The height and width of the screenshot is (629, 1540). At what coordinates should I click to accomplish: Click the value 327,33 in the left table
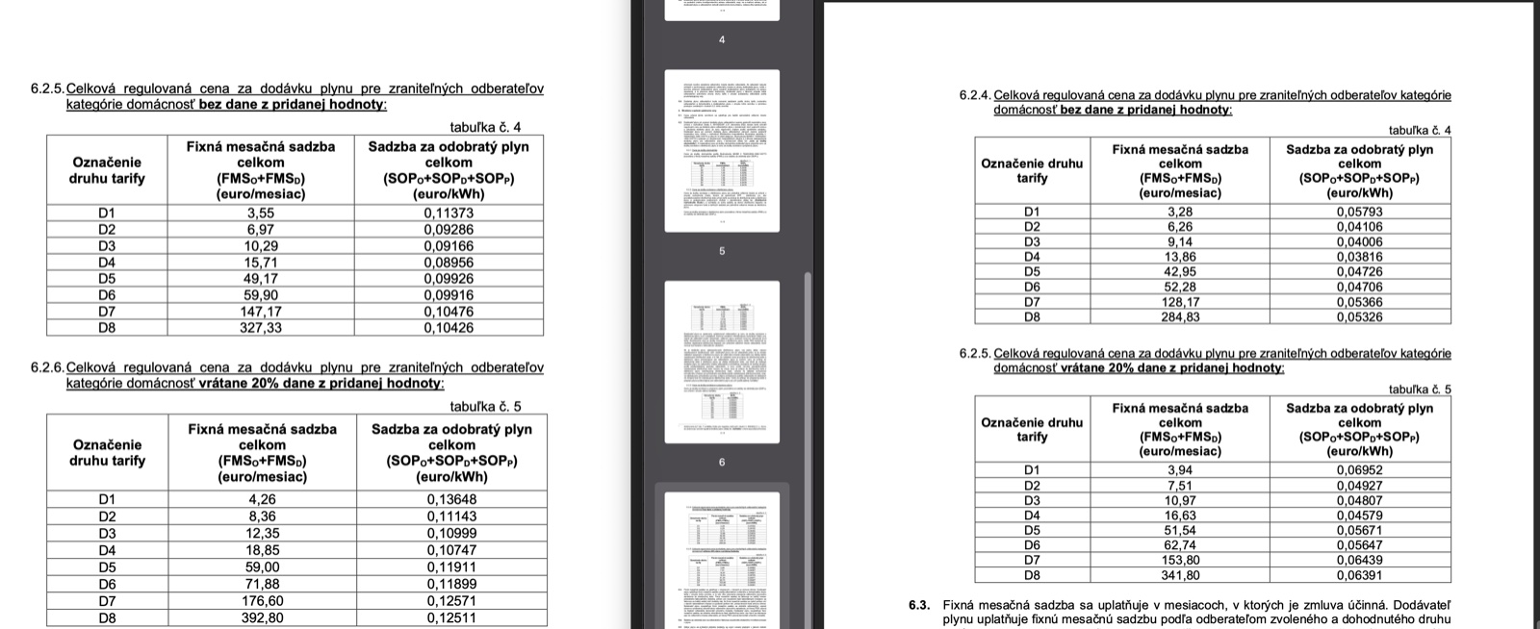(260, 327)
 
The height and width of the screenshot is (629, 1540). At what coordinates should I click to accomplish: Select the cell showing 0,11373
(449, 213)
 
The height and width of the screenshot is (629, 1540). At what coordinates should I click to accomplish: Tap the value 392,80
(262, 618)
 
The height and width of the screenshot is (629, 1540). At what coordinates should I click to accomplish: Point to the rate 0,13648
(451, 499)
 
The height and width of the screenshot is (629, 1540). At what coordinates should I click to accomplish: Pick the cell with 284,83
(1180, 316)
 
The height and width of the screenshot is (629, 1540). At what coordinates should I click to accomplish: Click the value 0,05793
(1359, 212)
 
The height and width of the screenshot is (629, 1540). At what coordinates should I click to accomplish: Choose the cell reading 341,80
(1180, 575)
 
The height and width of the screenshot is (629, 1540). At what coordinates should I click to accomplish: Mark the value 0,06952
(1359, 470)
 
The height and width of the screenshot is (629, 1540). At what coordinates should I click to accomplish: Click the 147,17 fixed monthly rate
(260, 312)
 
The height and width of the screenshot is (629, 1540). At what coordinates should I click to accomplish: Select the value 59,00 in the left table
(262, 567)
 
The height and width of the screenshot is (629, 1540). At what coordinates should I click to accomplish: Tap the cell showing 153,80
(1180, 560)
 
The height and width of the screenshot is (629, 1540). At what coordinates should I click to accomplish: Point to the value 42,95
(1180, 271)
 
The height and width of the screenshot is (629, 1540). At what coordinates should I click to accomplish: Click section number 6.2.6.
(47, 367)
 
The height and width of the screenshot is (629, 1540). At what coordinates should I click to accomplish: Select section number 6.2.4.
(975, 95)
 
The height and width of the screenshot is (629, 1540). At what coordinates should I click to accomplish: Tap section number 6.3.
(918, 605)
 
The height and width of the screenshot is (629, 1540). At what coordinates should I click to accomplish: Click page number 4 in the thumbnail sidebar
(722, 39)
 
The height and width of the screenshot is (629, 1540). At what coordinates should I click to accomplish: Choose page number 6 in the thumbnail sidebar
(722, 463)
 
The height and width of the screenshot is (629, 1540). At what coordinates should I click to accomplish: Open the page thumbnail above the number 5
(722, 150)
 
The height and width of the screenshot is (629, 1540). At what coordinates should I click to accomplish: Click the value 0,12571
(451, 601)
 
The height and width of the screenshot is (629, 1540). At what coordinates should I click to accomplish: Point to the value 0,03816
(1359, 257)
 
